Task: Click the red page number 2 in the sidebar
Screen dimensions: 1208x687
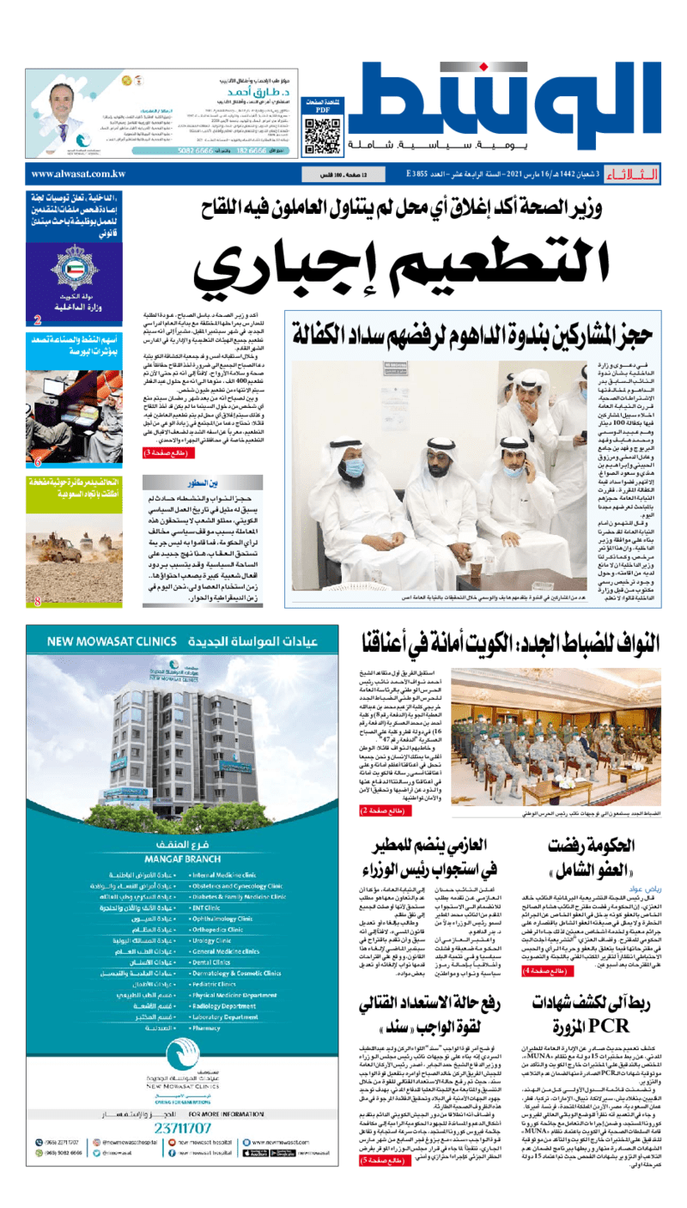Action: click(x=37, y=321)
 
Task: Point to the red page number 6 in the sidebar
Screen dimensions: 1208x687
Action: click(x=37, y=463)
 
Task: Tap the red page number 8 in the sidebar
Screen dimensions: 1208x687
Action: click(x=37, y=602)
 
